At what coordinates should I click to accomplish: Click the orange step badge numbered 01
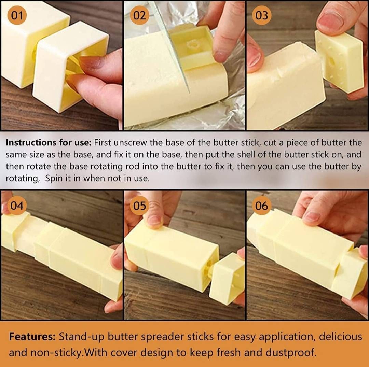(17, 15)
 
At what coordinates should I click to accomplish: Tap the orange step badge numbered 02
(139, 15)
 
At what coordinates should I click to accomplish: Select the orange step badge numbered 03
(262, 15)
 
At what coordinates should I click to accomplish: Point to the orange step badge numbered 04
(17, 205)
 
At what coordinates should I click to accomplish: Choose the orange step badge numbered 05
(139, 205)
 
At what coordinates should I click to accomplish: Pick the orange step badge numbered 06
(262, 205)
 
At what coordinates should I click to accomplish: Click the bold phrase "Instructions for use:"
(49, 142)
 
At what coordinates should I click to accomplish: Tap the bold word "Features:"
(32, 336)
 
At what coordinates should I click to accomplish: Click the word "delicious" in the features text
(340, 336)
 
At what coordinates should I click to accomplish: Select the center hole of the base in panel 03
(332, 61)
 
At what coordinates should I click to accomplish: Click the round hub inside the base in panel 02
(193, 44)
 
